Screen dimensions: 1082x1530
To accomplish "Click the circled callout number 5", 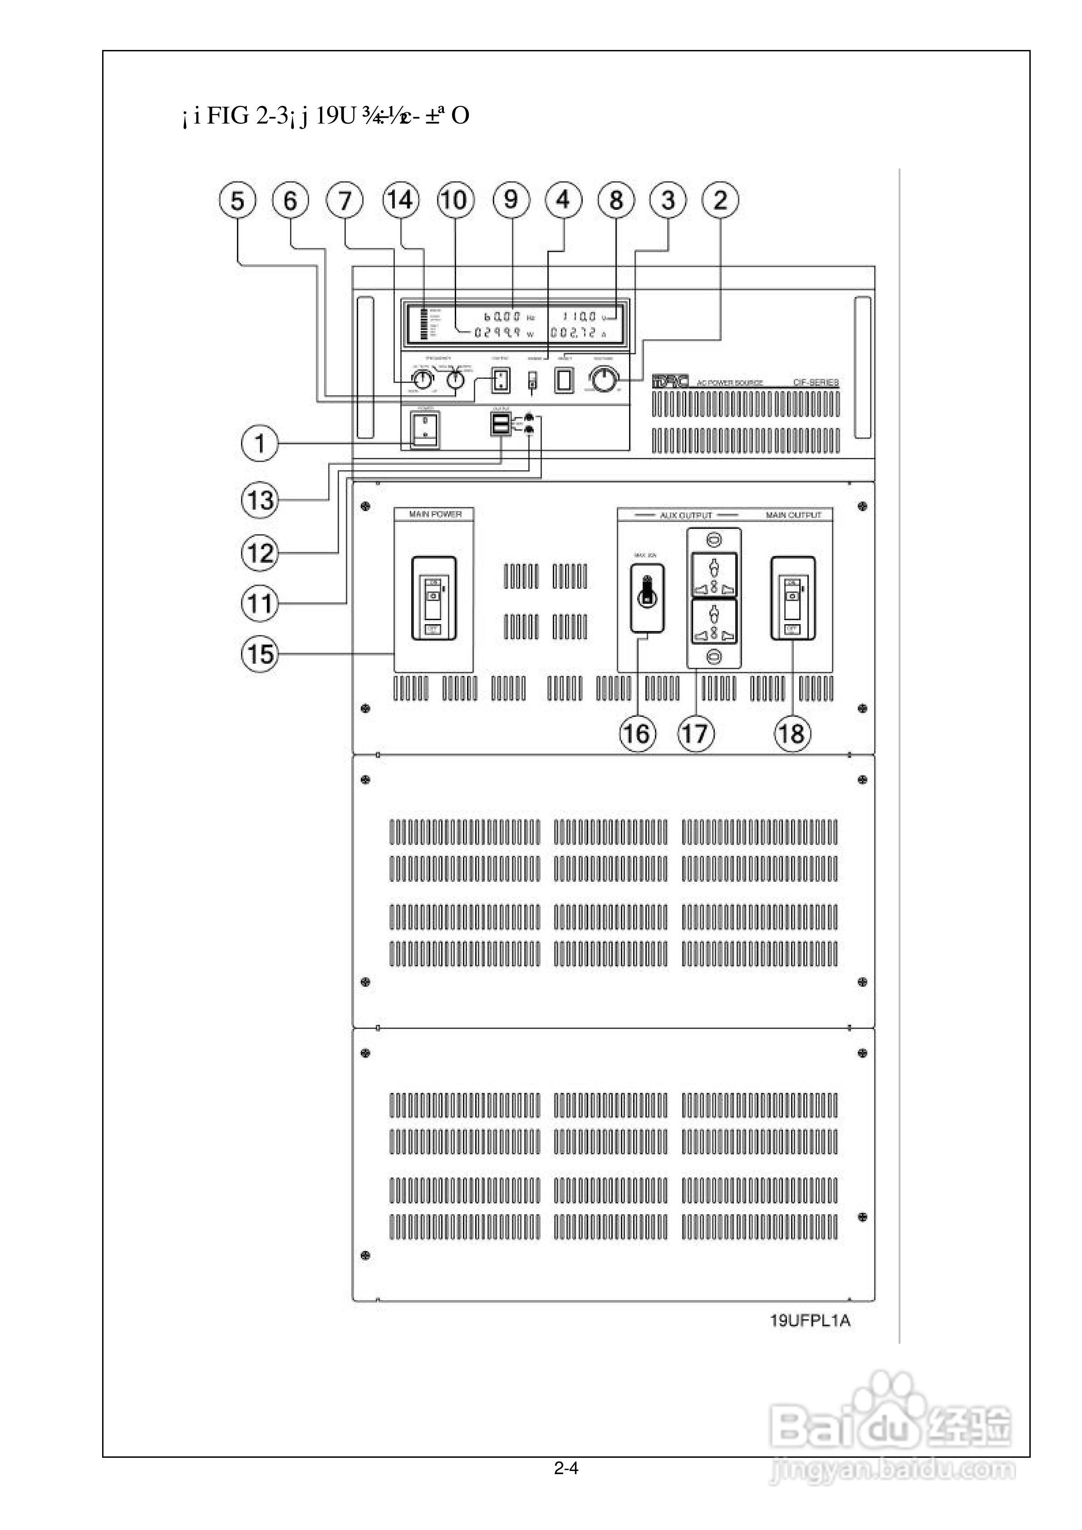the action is coord(237,200).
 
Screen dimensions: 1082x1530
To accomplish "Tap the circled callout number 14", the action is coord(401,200).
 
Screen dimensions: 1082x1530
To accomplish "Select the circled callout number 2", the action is coord(721,200).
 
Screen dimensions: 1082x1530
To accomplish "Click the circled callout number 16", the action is coord(637,734).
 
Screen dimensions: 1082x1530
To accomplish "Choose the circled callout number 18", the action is coord(792,734).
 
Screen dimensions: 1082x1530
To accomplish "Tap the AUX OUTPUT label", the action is coord(686,515).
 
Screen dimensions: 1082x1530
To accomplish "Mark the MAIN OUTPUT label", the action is coord(793,515).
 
